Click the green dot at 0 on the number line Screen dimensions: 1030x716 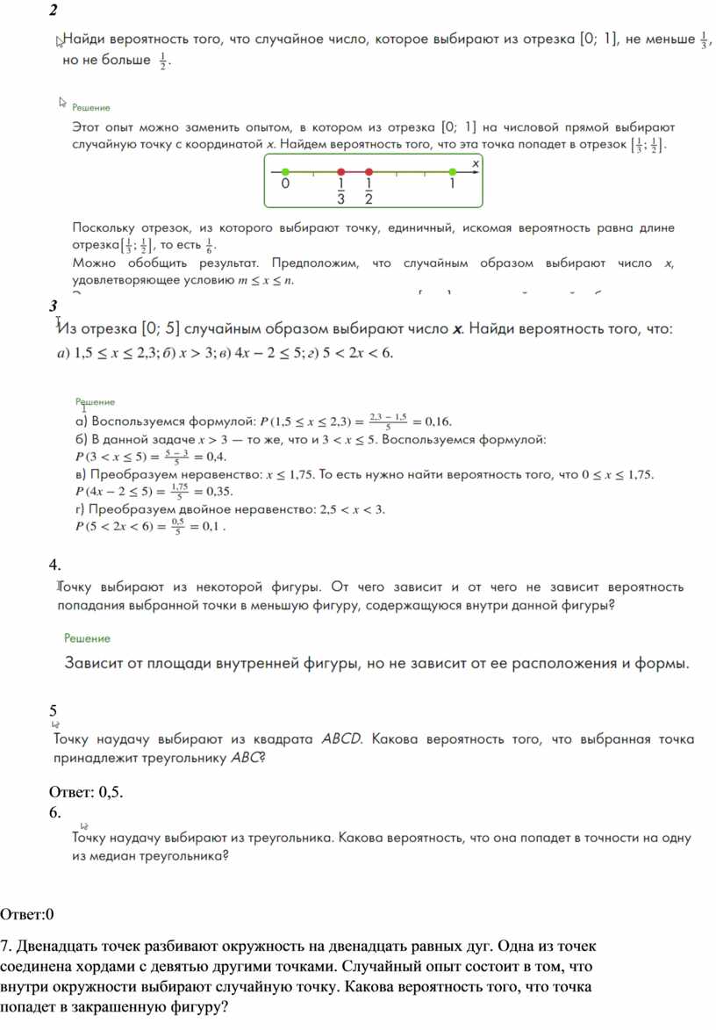pyautogui.click(x=284, y=172)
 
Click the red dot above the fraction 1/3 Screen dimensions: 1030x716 pyautogui.click(x=340, y=172)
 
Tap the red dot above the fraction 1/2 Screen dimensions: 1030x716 pyautogui.click(x=369, y=172)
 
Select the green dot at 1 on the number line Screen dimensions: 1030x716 pyautogui.click(x=452, y=172)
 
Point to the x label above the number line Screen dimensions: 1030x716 pyautogui.click(x=476, y=162)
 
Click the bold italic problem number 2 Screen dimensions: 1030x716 pyautogui.click(x=54, y=11)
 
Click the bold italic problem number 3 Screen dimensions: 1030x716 pyautogui.click(x=54, y=305)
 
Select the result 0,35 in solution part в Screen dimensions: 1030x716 pyautogui.click(x=217, y=491)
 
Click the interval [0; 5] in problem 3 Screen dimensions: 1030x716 pyautogui.click(x=160, y=329)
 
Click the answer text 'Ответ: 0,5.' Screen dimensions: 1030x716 pyautogui.click(x=87, y=793)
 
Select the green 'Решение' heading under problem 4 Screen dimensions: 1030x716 pyautogui.click(x=87, y=638)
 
